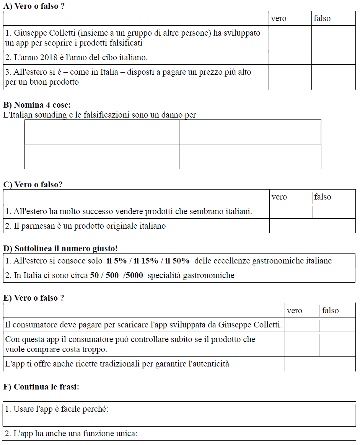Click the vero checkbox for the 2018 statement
click(290, 57)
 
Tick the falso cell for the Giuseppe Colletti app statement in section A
click(333, 38)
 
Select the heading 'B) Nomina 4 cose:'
click(37, 105)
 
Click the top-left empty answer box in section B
click(102, 132)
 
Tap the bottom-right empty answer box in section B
click(250, 156)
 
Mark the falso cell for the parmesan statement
click(333, 226)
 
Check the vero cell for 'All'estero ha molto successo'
click(290, 211)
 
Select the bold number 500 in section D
click(112, 275)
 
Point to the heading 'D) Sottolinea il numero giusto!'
click(60, 249)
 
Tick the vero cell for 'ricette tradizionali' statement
click(302, 364)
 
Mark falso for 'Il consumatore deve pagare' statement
click(337, 325)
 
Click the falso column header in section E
click(330, 311)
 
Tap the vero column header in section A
click(279, 18)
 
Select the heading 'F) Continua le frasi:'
click(41, 387)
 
